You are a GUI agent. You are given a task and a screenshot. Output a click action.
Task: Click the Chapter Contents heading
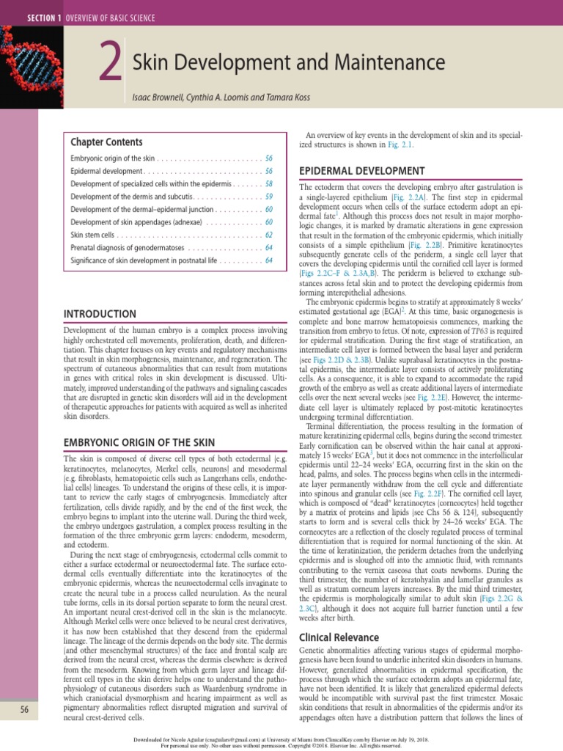click(x=106, y=142)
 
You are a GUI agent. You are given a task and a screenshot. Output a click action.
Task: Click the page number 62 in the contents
click(x=269, y=235)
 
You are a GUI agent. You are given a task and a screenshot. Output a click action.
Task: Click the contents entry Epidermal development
click(x=100, y=171)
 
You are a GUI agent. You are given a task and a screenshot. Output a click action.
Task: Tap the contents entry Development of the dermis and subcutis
click(x=131, y=197)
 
